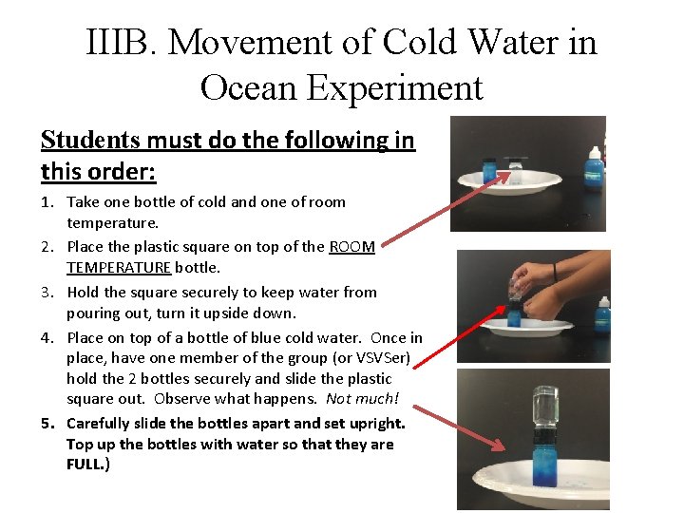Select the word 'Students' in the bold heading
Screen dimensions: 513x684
click(x=89, y=141)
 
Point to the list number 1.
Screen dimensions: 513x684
click(x=47, y=201)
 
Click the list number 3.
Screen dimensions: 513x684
click(x=47, y=293)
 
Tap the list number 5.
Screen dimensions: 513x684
click(x=47, y=424)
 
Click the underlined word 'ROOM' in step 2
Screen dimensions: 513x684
click(x=351, y=247)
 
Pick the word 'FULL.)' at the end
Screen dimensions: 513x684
click(x=88, y=465)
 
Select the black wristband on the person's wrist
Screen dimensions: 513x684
click(x=553, y=275)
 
